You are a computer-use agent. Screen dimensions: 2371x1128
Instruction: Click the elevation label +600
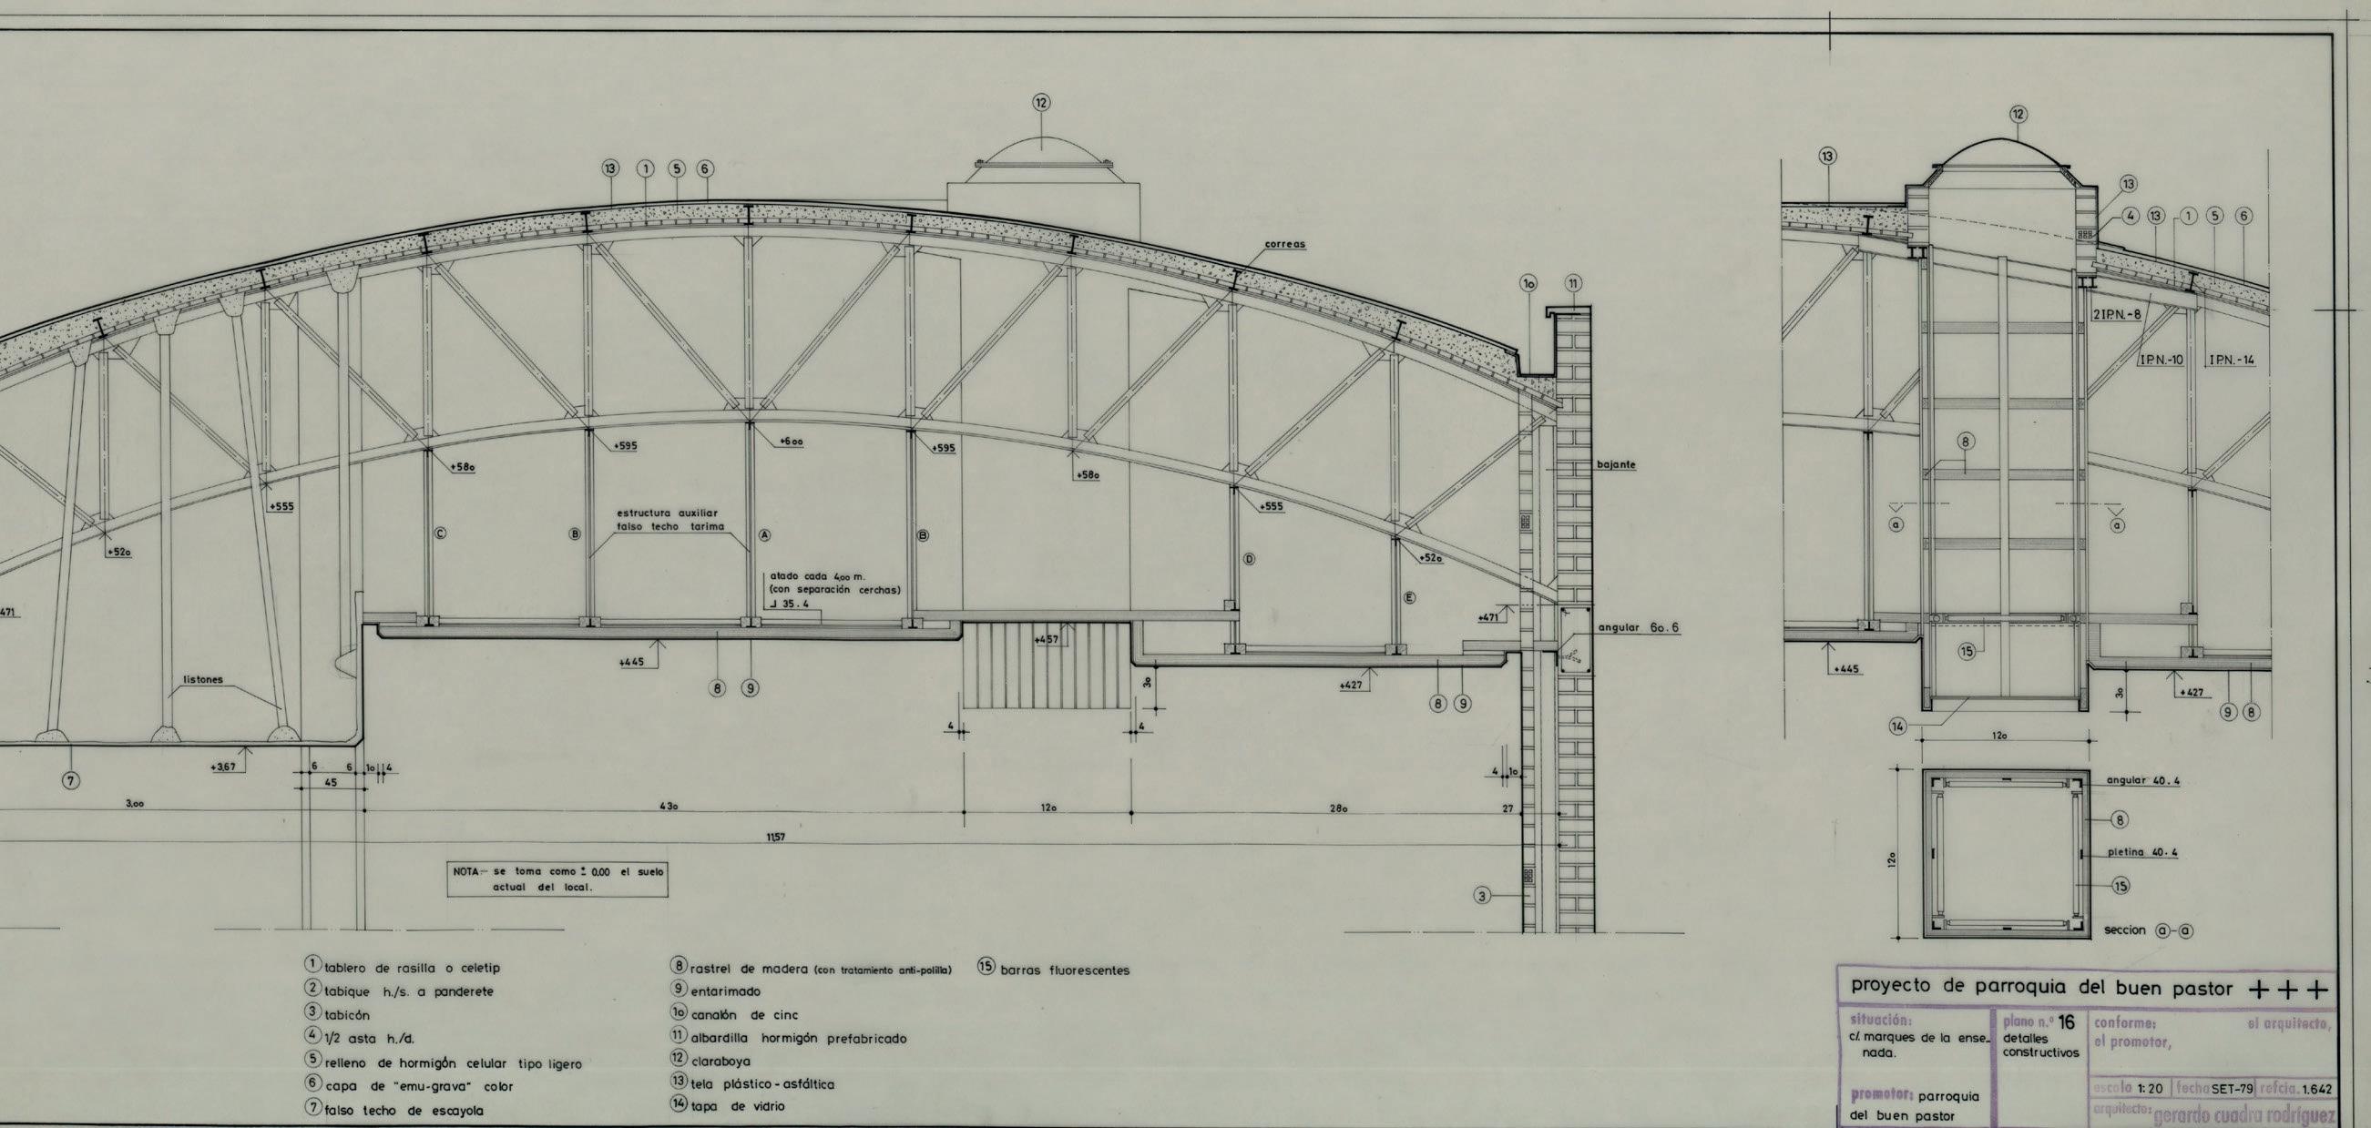tap(791, 442)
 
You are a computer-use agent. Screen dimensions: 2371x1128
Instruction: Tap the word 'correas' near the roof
tap(1284, 245)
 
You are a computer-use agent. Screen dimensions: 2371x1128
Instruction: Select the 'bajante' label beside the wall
tap(1616, 464)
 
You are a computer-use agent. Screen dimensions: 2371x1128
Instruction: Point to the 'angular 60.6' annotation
tap(1639, 627)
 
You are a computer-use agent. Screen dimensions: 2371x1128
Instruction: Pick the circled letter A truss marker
tap(763, 534)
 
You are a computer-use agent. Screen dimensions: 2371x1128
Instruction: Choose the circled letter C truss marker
tap(441, 534)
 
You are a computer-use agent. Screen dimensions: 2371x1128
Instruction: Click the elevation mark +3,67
tap(222, 767)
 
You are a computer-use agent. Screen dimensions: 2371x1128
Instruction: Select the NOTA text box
tap(557, 879)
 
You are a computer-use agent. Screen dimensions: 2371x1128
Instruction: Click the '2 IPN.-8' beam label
tap(2117, 314)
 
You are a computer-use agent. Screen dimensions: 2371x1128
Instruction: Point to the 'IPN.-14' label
tap(2231, 360)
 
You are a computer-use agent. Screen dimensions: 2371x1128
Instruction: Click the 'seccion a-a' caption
tap(2147, 930)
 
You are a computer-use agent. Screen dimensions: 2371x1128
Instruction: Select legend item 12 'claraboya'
tap(710, 1061)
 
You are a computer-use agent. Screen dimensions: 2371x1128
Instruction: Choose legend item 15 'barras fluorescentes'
tap(1055, 970)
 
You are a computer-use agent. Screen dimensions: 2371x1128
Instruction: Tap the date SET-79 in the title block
tap(2232, 1090)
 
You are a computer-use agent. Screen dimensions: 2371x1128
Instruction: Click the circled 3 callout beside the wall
tap(1482, 895)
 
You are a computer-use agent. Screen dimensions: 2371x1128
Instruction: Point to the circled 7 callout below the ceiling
tap(70, 780)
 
